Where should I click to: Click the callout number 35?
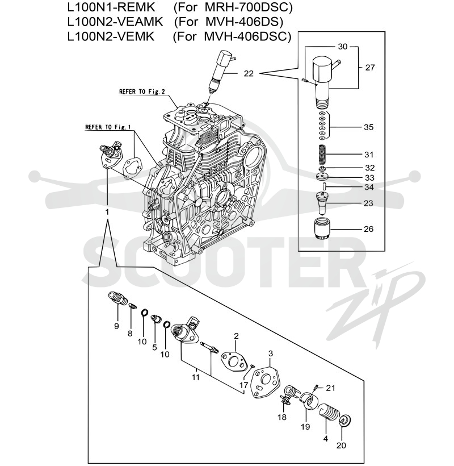368,127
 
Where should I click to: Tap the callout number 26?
368,229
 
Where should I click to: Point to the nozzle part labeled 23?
322,203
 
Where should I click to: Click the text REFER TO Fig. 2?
142,91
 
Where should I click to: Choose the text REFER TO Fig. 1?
108,127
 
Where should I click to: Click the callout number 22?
249,73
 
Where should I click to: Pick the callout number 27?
370,68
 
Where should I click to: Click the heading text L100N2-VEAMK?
115,22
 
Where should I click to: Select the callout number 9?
116,326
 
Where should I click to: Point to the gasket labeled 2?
234,361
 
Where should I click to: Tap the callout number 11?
196,377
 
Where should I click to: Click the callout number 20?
341,445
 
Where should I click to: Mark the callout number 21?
330,388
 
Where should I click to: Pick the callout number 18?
282,417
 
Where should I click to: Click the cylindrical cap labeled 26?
322,228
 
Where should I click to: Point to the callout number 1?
107,212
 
